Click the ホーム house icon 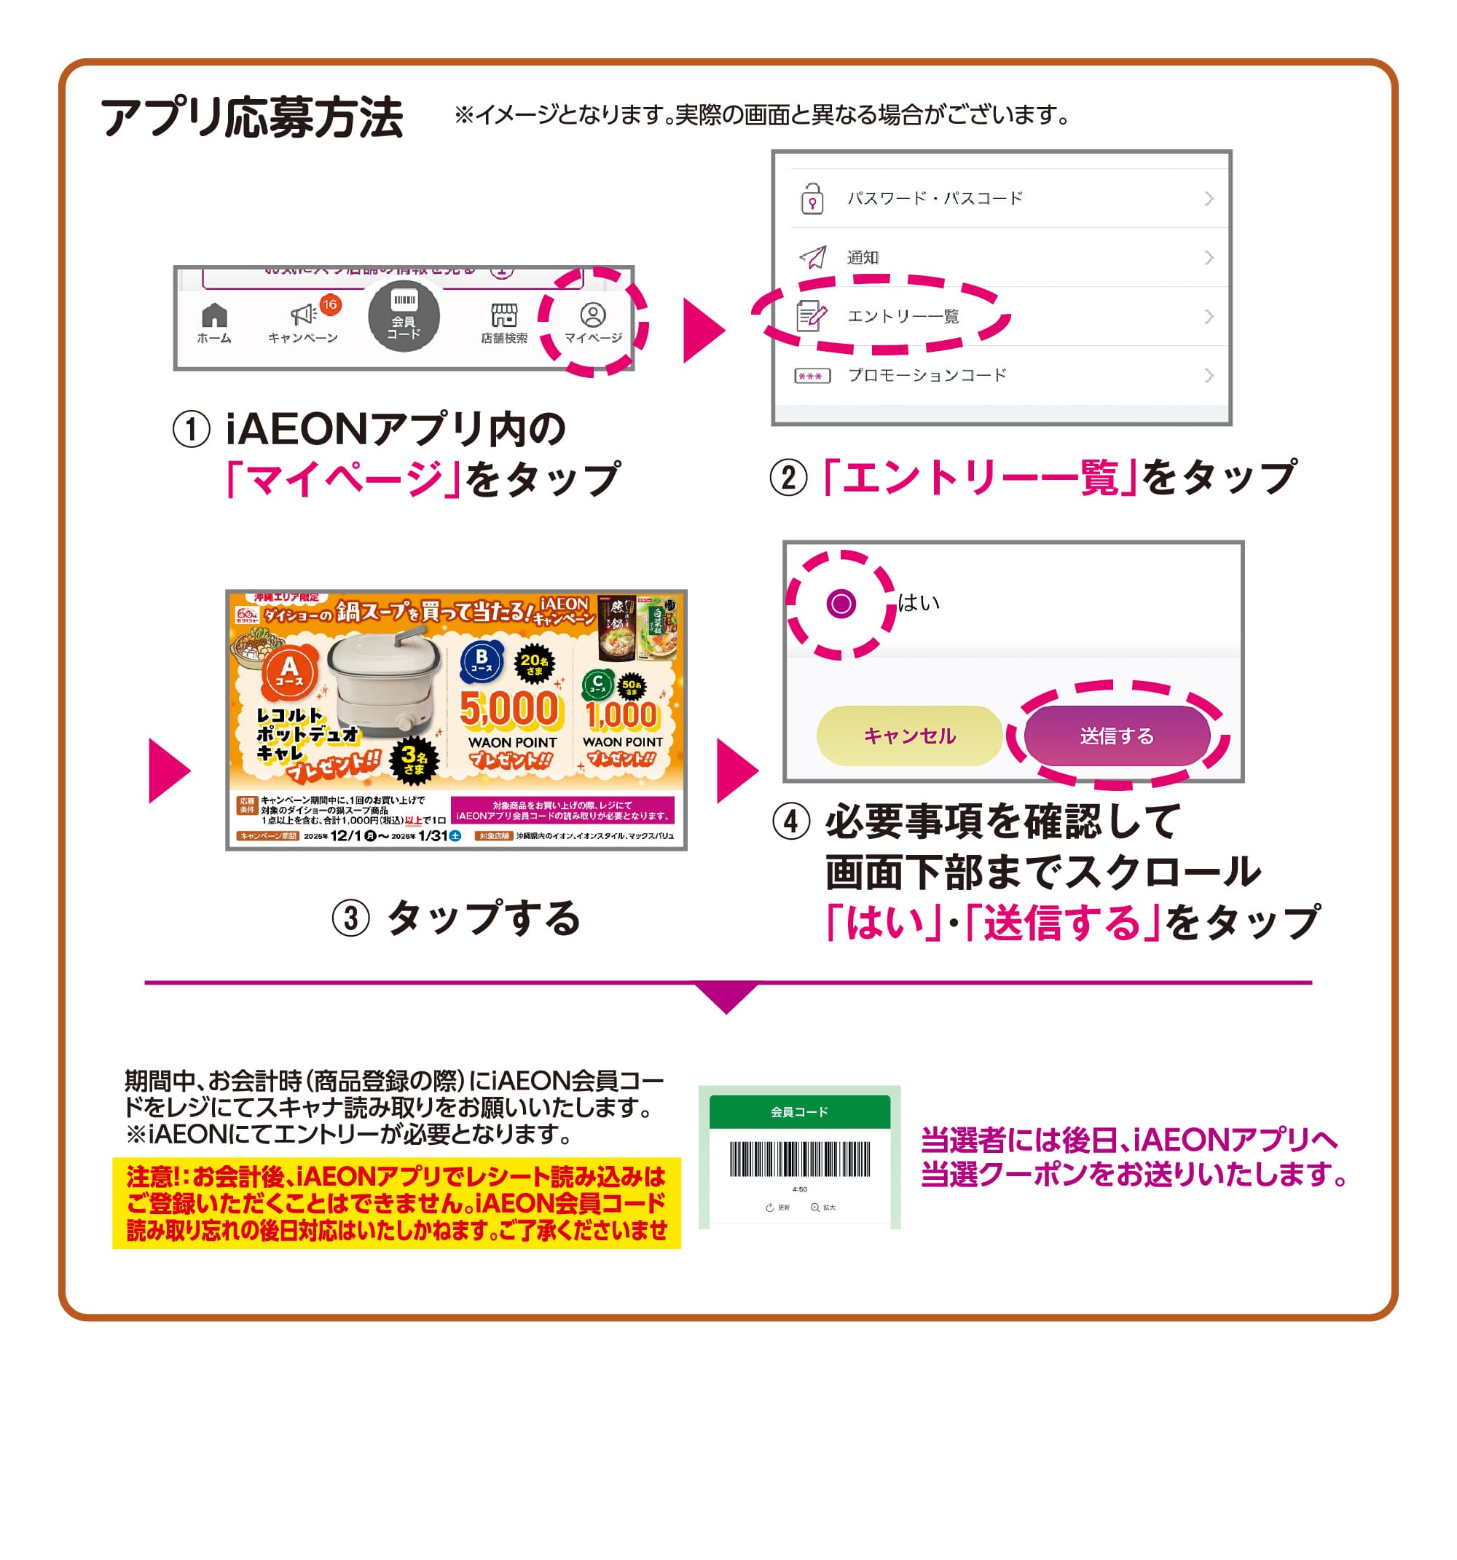click(x=214, y=316)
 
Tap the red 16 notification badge click(x=330, y=304)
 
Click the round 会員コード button click(x=404, y=316)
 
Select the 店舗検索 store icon click(x=504, y=315)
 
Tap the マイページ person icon click(x=593, y=315)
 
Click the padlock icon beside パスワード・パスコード click(x=812, y=199)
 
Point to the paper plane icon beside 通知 click(x=812, y=256)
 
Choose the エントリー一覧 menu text click(x=903, y=316)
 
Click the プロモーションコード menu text click(x=927, y=375)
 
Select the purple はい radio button click(x=841, y=604)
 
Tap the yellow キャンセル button click(x=909, y=736)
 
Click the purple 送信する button click(x=1116, y=736)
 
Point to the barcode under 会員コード click(x=799, y=1159)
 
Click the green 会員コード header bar click(x=799, y=1112)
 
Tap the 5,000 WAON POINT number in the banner click(x=508, y=708)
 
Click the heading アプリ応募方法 click(x=251, y=118)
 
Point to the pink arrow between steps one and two click(x=702, y=330)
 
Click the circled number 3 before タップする click(x=350, y=918)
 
